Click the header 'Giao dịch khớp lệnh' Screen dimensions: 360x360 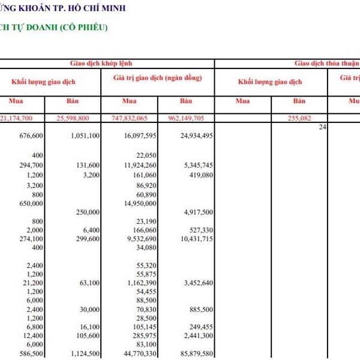coord(105,63)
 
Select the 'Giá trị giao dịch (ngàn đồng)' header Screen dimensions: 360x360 coord(158,79)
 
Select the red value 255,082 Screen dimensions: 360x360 coord(300,119)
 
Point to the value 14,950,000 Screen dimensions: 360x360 coord(139,203)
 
